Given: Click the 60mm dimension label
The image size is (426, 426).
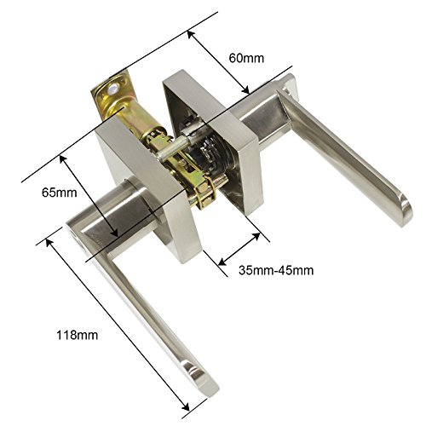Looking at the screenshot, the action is pyautogui.click(x=246, y=58).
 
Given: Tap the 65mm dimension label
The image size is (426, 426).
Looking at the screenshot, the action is pyautogui.click(x=60, y=193).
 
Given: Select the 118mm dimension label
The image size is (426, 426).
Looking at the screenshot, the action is pyautogui.click(x=77, y=335).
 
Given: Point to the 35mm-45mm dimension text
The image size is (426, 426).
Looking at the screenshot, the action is pyautogui.click(x=276, y=270).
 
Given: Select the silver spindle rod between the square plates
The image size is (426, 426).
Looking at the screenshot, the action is pyautogui.click(x=173, y=147).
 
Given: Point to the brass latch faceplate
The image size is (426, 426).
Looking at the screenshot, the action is pyautogui.click(x=109, y=96).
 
